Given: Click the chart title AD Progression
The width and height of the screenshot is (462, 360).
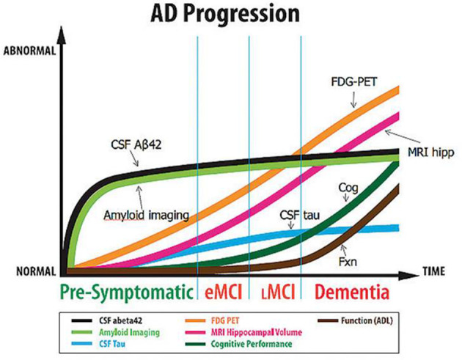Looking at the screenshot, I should coord(231,14).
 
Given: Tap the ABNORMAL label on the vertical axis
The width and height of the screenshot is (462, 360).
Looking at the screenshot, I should coord(29,51).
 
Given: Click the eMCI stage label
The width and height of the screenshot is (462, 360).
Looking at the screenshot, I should coord(223,292).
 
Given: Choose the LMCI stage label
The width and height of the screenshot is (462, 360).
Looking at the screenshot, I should coord(275,292).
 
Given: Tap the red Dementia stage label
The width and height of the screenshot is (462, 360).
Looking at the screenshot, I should coord(351,292).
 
